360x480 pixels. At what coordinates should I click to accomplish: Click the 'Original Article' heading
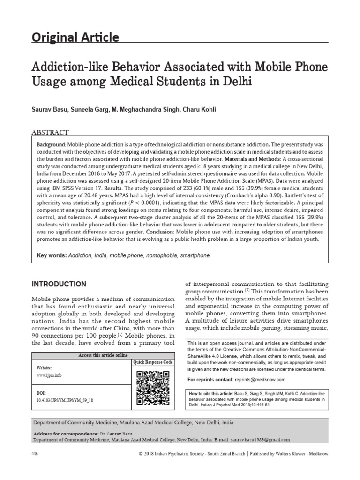pyautogui.click(x=75, y=37)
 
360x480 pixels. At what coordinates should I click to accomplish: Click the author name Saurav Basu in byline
pyautogui.click(x=50, y=109)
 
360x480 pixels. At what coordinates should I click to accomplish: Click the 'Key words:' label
pyautogui.click(x=52, y=256)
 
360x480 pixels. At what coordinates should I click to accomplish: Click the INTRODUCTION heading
pyautogui.click(x=59, y=284)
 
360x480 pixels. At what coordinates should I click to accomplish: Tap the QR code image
pyautogui.click(x=153, y=388)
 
